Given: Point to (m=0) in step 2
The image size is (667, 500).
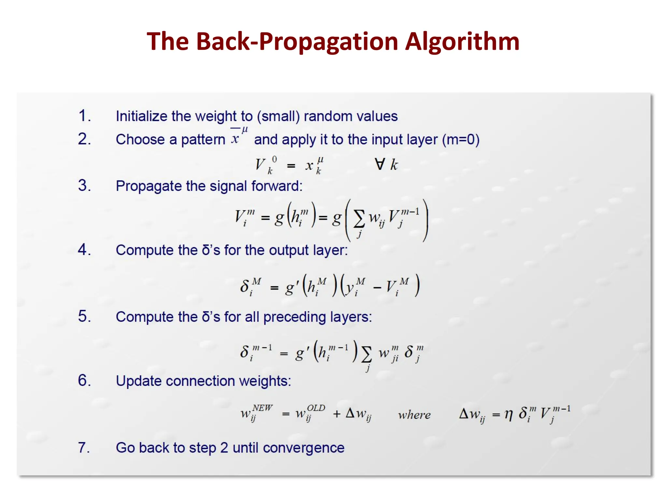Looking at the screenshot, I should (x=461, y=140).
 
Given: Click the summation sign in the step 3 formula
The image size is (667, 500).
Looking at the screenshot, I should (x=359, y=218).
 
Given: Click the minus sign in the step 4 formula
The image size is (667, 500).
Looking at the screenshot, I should (x=377, y=288).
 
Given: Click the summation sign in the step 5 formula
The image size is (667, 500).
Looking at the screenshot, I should (x=366, y=354).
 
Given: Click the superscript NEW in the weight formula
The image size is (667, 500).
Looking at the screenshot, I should (x=263, y=408).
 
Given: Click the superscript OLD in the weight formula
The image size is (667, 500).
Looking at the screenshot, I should (x=316, y=408).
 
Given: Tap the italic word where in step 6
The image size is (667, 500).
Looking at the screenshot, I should (x=414, y=415).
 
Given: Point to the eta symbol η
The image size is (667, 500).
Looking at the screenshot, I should (x=509, y=414).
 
